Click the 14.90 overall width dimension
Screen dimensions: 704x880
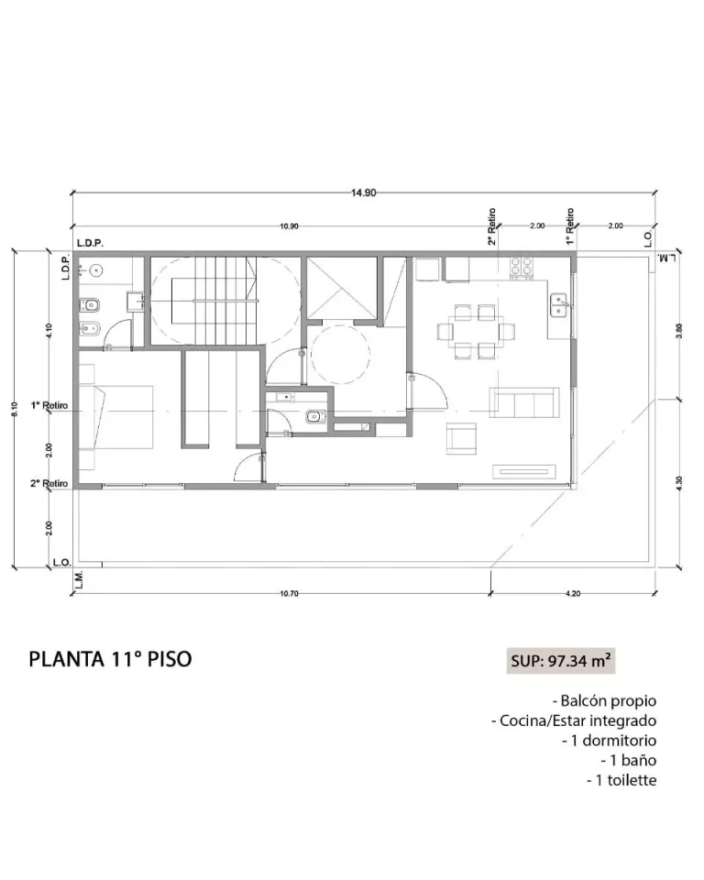pos(364,193)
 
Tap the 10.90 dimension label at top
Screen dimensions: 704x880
pos(289,226)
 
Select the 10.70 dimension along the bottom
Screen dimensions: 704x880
pos(289,594)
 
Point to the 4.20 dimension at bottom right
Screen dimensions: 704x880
pos(573,594)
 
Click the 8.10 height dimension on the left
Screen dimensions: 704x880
pos(15,409)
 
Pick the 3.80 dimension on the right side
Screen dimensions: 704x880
pos(679,331)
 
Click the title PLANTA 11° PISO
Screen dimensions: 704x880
pos(110,659)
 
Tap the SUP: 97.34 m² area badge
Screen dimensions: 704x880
pos(561,661)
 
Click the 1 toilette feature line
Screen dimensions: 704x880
pos(621,780)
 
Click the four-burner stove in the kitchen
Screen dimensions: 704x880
pos(522,267)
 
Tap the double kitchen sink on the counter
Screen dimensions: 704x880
pos(559,304)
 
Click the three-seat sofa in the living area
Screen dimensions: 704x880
pos(523,402)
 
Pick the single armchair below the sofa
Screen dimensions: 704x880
pos(461,438)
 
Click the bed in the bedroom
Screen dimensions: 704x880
pos(116,417)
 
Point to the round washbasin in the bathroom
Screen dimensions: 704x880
pos(97,271)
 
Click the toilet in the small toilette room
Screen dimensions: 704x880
pos(315,417)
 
